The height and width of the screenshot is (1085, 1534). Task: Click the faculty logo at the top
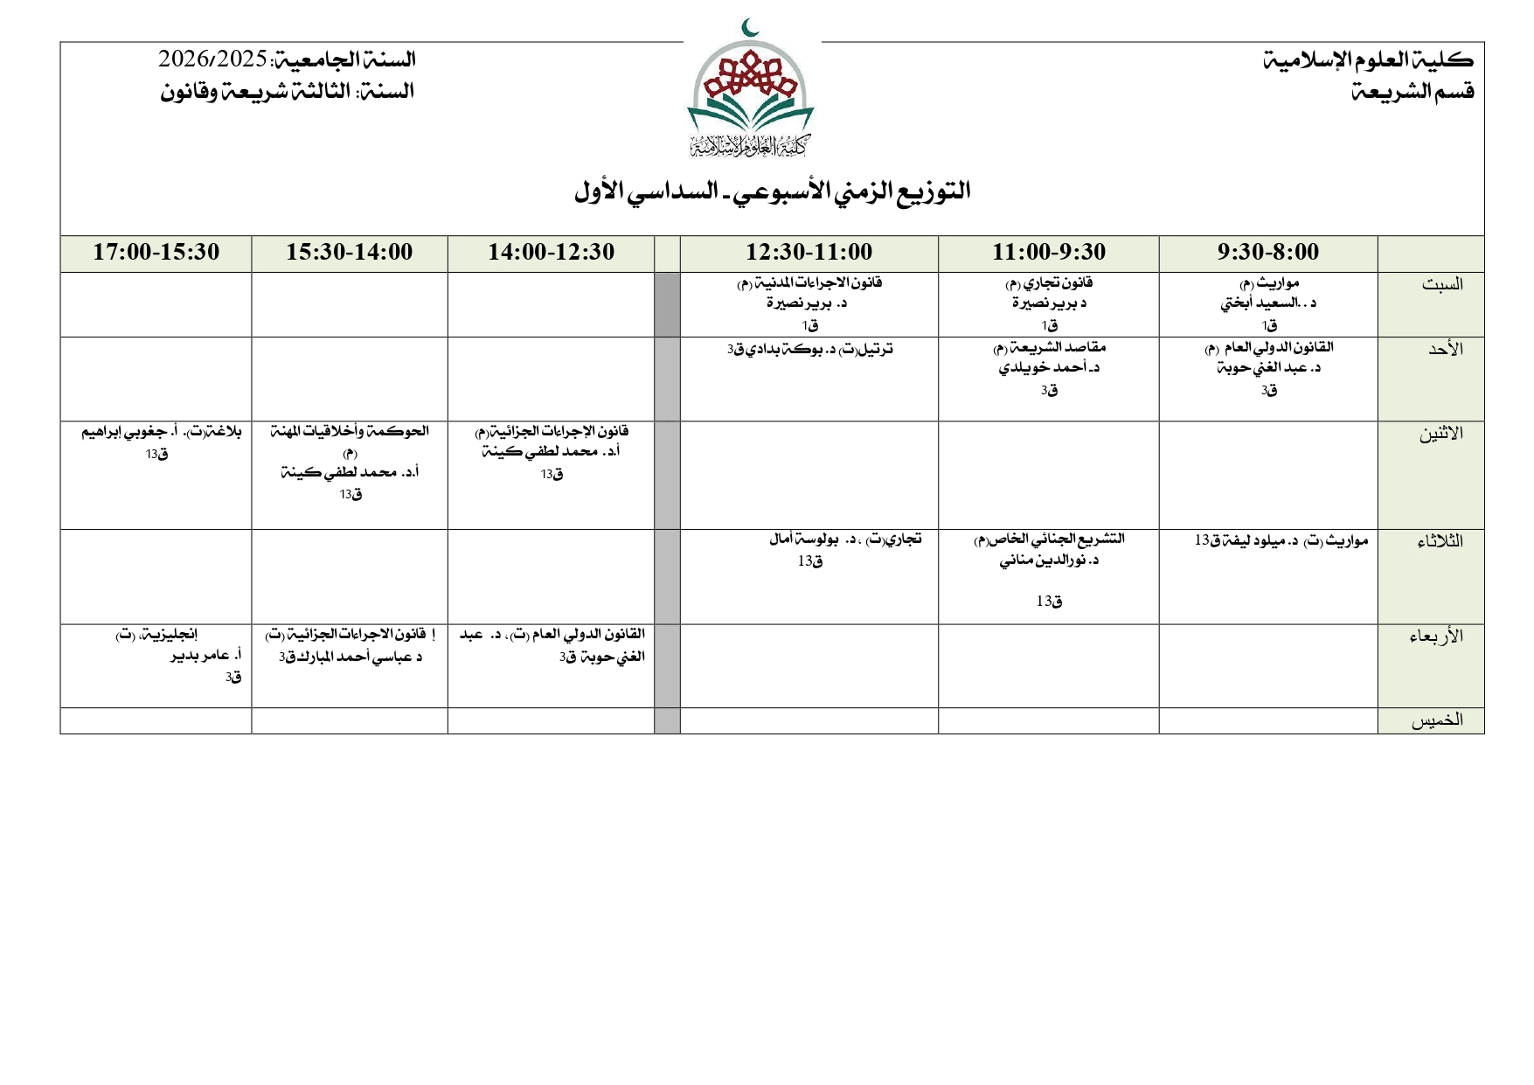pyautogui.click(x=751, y=91)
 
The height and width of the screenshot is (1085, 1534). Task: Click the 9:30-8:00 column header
pyautogui.click(x=1267, y=253)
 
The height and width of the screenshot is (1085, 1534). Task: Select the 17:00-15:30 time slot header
pyautogui.click(x=156, y=253)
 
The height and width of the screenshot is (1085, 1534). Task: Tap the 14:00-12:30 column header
pyautogui.click(x=551, y=253)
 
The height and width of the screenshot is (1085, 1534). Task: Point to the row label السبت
pyautogui.click(x=1441, y=284)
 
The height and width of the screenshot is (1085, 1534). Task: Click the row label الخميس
pyautogui.click(x=1436, y=720)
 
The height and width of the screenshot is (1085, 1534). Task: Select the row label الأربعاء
pyautogui.click(x=1435, y=636)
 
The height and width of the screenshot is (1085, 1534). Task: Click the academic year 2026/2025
pyautogui.click(x=212, y=59)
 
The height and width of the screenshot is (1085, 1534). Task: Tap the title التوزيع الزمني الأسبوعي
pyautogui.click(x=773, y=191)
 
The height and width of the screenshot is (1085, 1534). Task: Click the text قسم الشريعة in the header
pyautogui.click(x=1413, y=91)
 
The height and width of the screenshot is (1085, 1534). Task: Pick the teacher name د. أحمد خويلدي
pyautogui.click(x=1049, y=368)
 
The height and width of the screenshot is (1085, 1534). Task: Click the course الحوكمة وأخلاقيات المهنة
pyautogui.click(x=350, y=431)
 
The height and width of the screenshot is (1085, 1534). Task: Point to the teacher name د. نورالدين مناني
pyautogui.click(x=1049, y=560)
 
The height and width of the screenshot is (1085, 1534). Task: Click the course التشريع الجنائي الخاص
pyautogui.click(x=1049, y=539)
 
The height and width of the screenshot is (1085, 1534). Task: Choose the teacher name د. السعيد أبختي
pyautogui.click(x=1268, y=303)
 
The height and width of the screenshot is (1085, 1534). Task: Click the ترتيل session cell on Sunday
pyautogui.click(x=809, y=350)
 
